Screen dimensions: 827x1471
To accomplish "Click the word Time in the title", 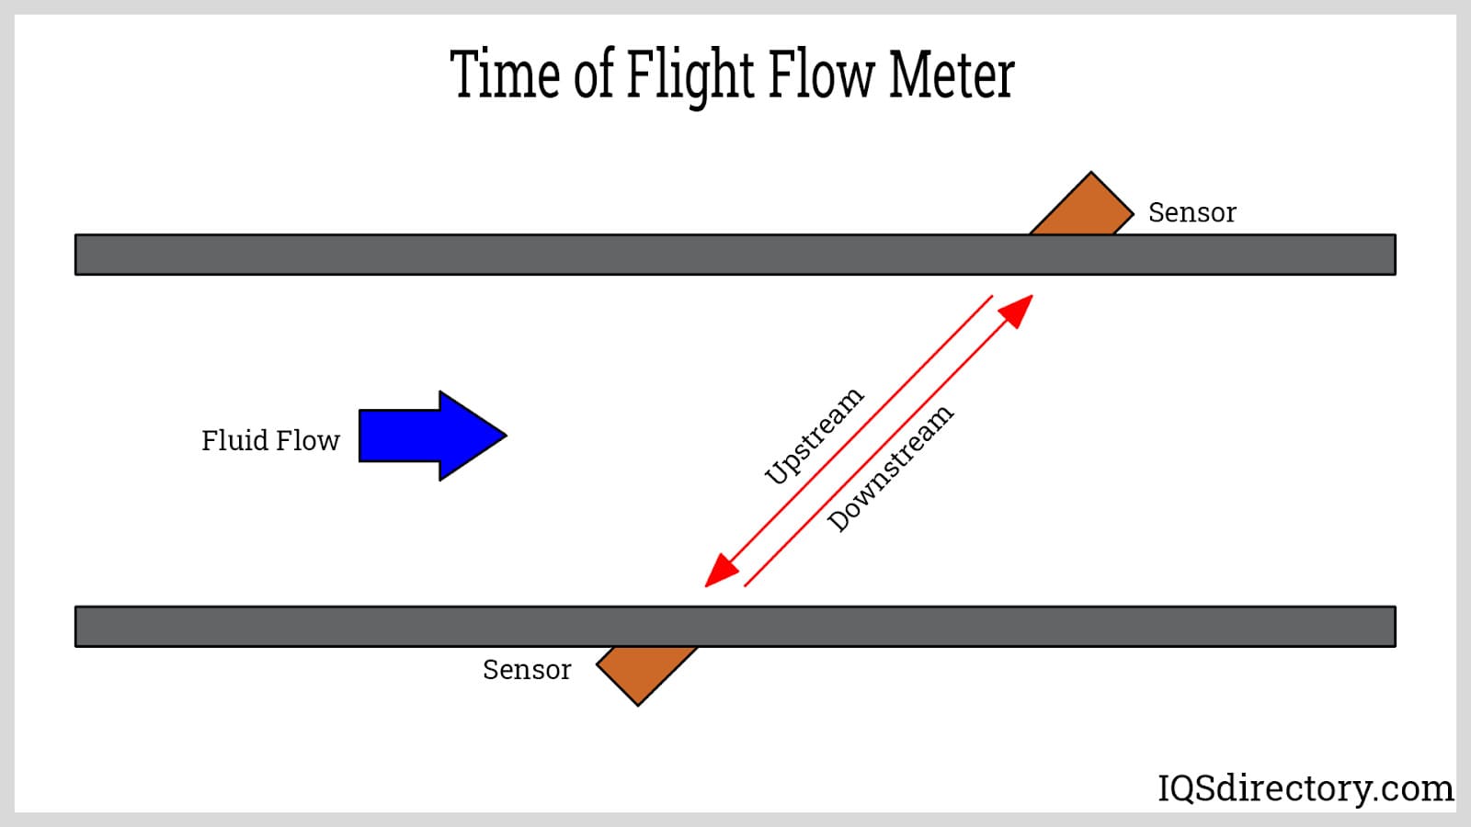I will [505, 74].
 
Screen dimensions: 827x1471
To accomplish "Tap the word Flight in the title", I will [690, 74].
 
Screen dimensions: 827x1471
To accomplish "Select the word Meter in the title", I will [952, 74].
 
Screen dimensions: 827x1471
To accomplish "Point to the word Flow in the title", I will [820, 74].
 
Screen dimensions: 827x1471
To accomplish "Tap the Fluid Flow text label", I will [270, 440].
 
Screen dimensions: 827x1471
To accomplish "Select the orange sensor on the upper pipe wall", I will [1083, 207].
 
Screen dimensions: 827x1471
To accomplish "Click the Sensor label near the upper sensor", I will [1192, 212].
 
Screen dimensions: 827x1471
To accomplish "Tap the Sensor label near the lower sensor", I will [526, 670].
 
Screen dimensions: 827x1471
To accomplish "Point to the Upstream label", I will [814, 436].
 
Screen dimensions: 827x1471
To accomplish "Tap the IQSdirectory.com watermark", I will [1305, 788].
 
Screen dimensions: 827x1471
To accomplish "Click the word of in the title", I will [593, 74].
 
